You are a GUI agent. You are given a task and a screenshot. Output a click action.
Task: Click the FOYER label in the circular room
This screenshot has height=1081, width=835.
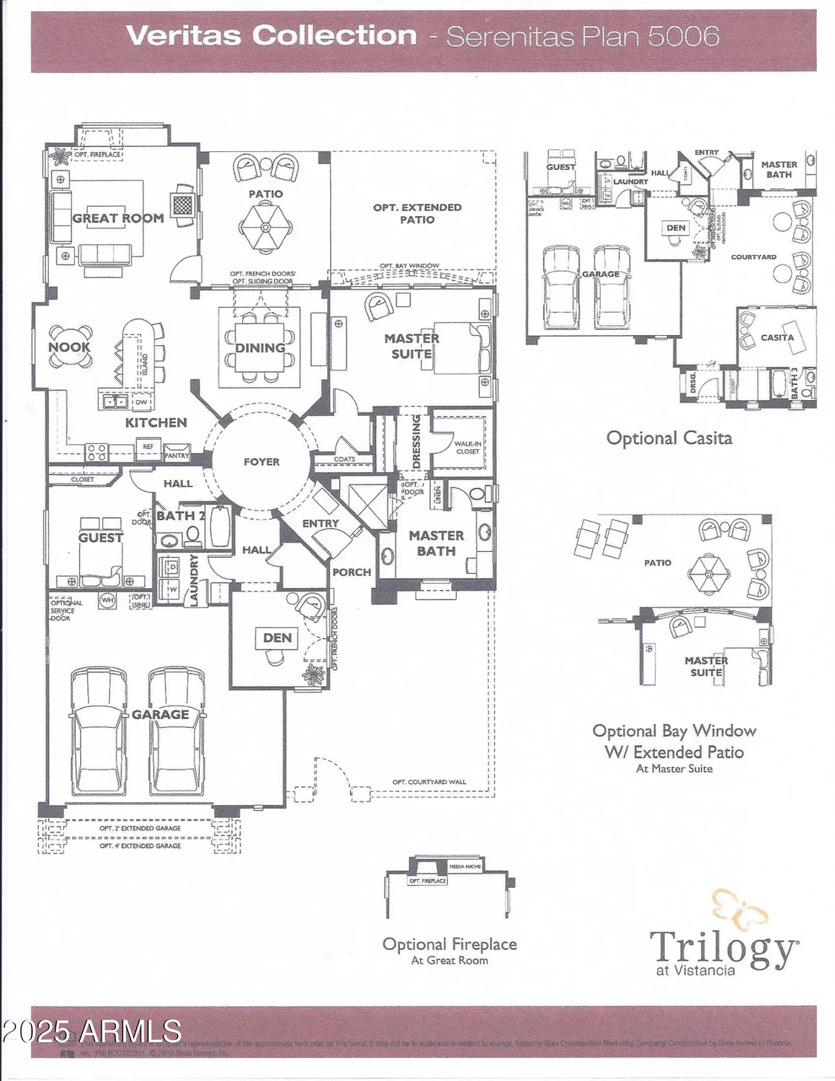click(261, 462)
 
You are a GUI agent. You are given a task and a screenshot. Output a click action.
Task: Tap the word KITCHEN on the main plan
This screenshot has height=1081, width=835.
click(156, 422)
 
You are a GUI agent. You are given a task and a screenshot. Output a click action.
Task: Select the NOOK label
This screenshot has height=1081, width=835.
click(69, 347)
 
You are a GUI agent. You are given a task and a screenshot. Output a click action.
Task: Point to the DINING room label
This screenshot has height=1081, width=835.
click(260, 348)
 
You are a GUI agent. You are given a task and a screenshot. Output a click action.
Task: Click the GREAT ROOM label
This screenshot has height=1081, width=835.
click(118, 218)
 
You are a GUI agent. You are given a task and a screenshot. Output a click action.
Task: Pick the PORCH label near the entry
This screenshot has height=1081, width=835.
click(352, 572)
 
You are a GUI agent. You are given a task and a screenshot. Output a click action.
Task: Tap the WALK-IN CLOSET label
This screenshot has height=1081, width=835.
click(467, 448)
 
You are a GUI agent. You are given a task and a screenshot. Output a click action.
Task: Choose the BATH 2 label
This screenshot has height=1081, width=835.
click(181, 515)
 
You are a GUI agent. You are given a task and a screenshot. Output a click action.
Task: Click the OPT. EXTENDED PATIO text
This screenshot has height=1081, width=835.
click(417, 213)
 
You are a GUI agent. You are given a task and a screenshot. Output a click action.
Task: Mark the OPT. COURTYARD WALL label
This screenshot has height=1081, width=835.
click(429, 782)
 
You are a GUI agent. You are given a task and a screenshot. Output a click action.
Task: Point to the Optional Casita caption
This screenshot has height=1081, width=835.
click(669, 438)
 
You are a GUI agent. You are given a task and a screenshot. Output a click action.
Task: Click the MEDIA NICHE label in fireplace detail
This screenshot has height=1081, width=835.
click(465, 866)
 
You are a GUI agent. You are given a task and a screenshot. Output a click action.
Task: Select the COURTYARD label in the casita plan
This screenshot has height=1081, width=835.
click(754, 257)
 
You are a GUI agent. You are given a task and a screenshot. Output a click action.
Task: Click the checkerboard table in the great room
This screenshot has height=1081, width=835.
click(184, 201)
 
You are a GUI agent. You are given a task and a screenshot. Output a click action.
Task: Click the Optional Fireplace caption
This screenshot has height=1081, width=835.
click(450, 944)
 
